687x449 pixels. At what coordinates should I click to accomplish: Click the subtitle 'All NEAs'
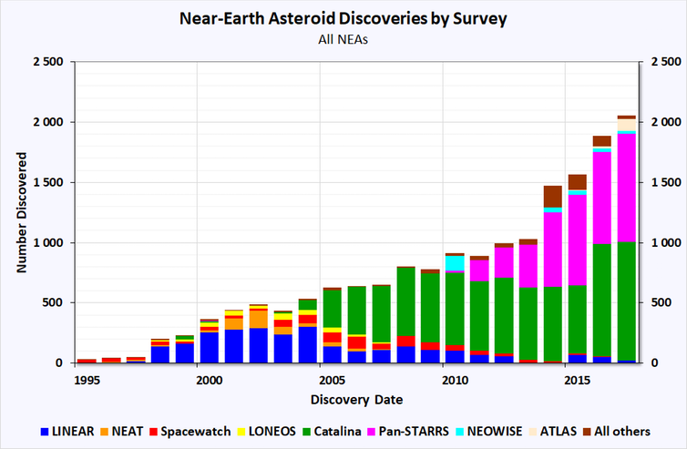[343, 39]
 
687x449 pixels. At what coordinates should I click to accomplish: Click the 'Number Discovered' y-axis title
[20, 212]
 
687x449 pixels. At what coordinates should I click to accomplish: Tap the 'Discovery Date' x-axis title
[356, 399]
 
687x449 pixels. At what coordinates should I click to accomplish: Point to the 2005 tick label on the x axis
[332, 378]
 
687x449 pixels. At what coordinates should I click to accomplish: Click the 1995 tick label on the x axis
[87, 378]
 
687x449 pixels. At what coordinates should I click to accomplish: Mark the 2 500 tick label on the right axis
[662, 62]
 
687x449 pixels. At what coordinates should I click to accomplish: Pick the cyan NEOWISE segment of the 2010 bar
[455, 263]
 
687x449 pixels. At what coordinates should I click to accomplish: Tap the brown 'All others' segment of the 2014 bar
[552, 196]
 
